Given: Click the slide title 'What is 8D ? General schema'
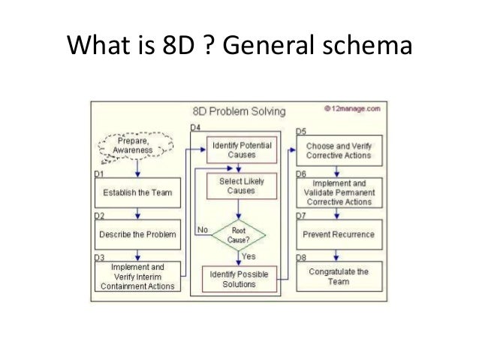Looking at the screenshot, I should [x=239, y=48].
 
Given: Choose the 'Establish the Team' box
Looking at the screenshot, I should [x=139, y=192].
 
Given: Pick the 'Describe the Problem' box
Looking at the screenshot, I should [x=138, y=234].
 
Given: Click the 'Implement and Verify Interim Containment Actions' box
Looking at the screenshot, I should [x=138, y=276].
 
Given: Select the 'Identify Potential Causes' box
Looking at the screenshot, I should [x=240, y=149].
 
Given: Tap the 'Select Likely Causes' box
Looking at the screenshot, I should [x=241, y=186].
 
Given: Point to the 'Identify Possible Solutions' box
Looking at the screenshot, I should [x=240, y=279].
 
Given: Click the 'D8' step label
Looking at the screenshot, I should [x=300, y=257].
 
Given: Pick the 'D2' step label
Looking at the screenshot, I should [x=98, y=216].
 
